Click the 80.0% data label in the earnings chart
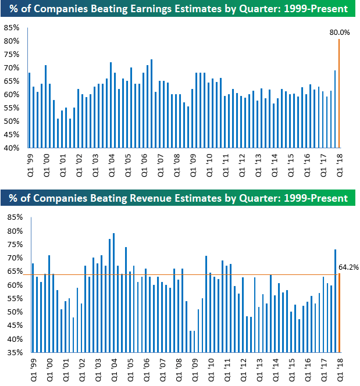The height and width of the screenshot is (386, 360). click(x=340, y=33)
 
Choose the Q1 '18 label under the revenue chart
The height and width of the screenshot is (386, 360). click(x=339, y=367)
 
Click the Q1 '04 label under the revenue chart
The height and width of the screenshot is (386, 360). click(x=113, y=367)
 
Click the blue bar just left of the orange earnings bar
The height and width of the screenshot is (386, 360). click(x=335, y=109)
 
